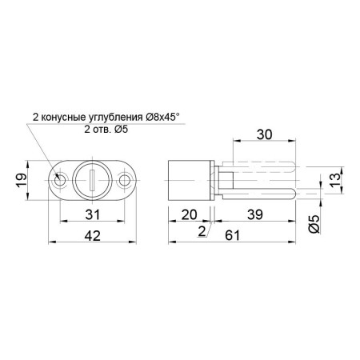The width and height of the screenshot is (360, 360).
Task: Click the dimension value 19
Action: pyautogui.click(x=22, y=180)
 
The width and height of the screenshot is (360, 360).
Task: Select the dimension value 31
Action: pyautogui.click(x=93, y=214)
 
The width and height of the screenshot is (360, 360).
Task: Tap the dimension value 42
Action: pyautogui.click(x=93, y=236)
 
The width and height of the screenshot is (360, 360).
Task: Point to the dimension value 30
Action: pyautogui.click(x=265, y=134)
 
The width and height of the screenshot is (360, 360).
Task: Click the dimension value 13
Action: pyautogui.click(x=336, y=180)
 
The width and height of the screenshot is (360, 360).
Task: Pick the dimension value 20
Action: pyautogui.click(x=189, y=214)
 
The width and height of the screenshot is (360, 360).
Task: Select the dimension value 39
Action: pyautogui.click(x=255, y=214)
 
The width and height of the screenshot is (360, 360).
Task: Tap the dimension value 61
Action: pyautogui.click(x=233, y=236)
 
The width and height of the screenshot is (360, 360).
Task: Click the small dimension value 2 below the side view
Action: pyautogui.click(x=202, y=231)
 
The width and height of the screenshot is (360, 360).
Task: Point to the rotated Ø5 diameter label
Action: pyautogui.click(x=314, y=223)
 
